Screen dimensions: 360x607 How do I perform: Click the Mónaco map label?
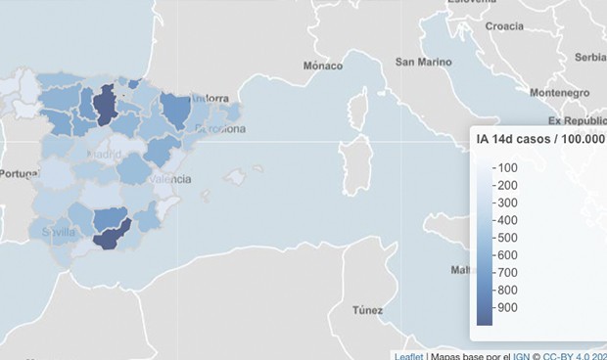(322, 67)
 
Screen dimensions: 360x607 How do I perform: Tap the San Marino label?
(423, 62)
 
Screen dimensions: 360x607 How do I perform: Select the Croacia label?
(503, 26)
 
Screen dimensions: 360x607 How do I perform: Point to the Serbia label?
(590, 57)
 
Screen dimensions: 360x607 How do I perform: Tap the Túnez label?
(367, 310)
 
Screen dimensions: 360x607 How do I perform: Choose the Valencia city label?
(170, 179)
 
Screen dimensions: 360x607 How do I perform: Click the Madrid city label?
(104, 155)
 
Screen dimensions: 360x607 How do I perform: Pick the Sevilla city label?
(59, 233)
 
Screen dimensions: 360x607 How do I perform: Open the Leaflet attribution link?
(407, 355)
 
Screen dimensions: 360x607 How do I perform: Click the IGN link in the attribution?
(523, 355)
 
